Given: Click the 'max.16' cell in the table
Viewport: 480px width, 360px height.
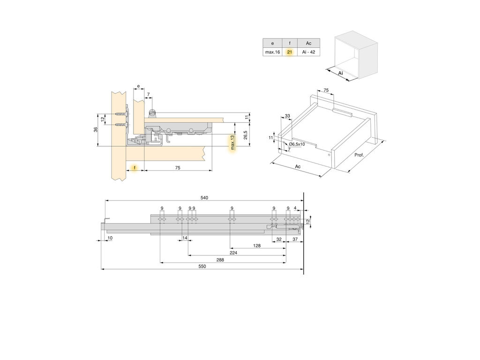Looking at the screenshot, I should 272,52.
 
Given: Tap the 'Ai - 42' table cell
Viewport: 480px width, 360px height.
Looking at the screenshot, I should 308,52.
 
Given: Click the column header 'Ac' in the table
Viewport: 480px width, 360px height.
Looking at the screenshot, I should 308,43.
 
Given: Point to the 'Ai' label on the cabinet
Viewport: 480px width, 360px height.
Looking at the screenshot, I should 340,74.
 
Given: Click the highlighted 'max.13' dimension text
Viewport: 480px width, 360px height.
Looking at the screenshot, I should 233,143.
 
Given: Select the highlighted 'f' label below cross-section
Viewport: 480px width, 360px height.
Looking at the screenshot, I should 135,167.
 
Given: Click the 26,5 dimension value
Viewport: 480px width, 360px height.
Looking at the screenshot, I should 246,135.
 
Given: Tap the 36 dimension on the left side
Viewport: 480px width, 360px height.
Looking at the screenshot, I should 95,129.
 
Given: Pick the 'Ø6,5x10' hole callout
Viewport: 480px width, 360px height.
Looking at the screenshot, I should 297,144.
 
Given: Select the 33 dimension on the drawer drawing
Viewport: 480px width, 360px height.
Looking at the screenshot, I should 287,116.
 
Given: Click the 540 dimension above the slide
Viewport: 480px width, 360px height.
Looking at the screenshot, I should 204,198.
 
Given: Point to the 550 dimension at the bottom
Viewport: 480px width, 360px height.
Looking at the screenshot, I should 202,266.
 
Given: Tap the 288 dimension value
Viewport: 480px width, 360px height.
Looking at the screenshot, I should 220,259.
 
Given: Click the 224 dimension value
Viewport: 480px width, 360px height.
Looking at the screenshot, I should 233,252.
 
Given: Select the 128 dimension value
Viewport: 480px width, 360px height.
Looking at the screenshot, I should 257,246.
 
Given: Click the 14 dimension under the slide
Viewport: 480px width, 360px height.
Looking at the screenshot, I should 185,238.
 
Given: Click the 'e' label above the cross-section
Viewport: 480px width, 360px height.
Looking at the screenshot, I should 138,86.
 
